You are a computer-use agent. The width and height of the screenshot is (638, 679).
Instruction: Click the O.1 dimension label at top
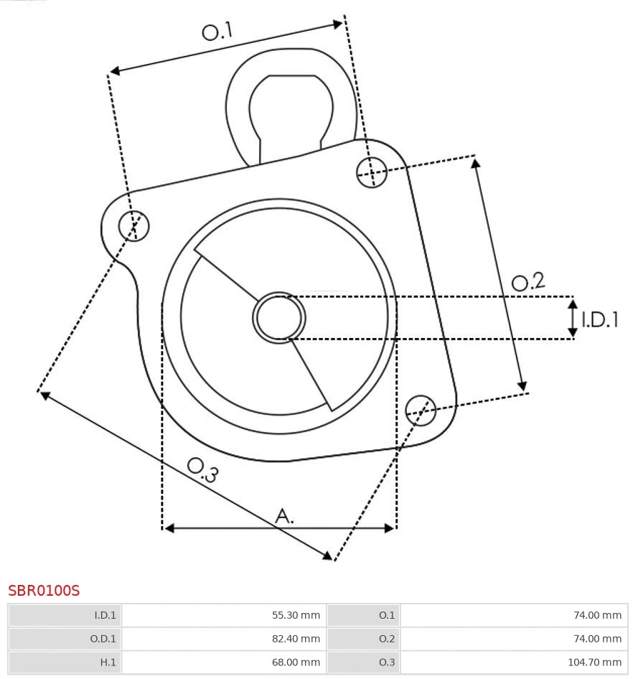(x=217, y=32)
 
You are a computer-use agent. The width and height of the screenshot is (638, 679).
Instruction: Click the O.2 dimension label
(x=528, y=282)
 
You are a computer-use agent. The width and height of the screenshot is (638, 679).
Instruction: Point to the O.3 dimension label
(x=202, y=469)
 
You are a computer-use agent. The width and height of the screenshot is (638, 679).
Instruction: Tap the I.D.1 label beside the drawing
(x=599, y=319)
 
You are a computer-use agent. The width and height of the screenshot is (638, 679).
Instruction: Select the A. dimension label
(x=285, y=515)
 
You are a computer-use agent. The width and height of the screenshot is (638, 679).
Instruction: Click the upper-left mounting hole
(x=134, y=226)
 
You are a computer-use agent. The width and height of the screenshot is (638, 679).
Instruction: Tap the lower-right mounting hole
(x=421, y=409)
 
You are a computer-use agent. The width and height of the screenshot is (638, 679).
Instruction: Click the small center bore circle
(x=279, y=317)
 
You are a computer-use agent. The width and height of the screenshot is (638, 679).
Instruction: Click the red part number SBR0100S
(x=44, y=591)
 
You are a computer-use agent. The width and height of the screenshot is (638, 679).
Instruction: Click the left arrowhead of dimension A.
(x=169, y=528)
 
